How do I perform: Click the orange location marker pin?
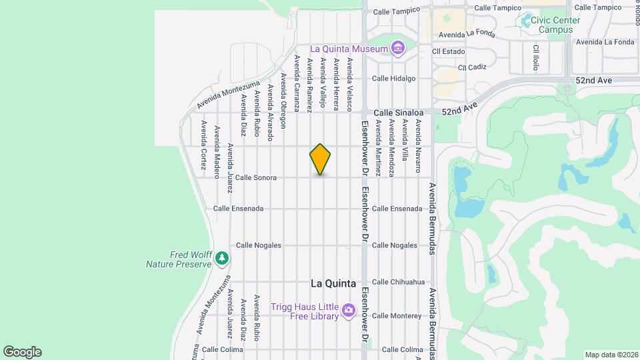click(x=320, y=159)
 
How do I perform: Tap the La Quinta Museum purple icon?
click(x=398, y=48)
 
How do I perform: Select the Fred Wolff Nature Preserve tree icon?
click(x=222, y=258)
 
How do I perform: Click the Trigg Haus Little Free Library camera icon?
click(x=348, y=311)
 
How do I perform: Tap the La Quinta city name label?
click(x=333, y=283)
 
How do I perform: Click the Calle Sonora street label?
click(x=255, y=178)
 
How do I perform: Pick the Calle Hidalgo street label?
click(x=393, y=79)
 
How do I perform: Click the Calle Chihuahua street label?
click(x=398, y=282)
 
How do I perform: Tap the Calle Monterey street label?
click(x=398, y=316)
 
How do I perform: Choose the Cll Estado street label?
click(x=447, y=51)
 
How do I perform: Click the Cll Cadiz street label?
click(x=473, y=68)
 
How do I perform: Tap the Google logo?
click(x=22, y=352)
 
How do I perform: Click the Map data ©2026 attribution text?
click(x=610, y=355)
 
